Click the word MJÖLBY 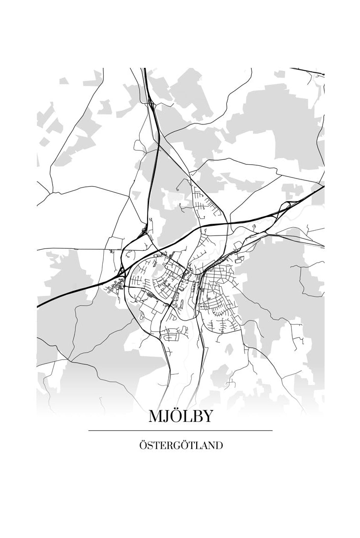[180, 417]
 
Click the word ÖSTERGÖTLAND [180, 446]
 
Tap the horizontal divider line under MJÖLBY [180, 430]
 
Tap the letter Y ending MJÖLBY [208, 417]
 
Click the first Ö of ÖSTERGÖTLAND [143, 446]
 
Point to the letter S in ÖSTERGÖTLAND [150, 446]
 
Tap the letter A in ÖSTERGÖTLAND [204, 446]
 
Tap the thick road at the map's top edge [145, 71]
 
